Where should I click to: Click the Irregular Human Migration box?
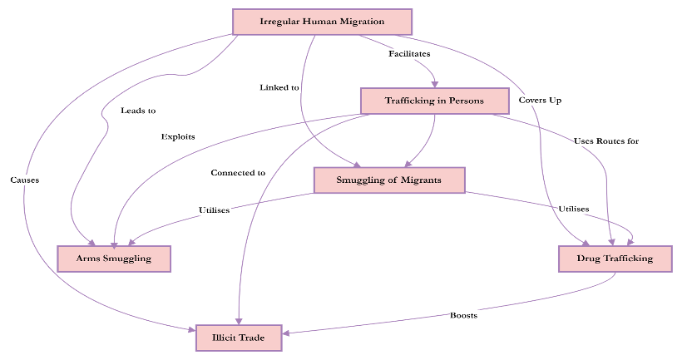pos(322,22)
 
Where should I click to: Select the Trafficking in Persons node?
pos(433,101)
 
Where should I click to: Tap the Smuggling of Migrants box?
pos(388,180)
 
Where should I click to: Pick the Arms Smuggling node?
pos(114,259)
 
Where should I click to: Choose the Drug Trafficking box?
pos(615,259)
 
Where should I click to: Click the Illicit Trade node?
pos(239,338)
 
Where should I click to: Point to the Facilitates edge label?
pos(409,54)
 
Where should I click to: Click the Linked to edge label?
pos(279,87)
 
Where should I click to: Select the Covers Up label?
pos(541,101)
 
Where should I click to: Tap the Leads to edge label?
pos(138,111)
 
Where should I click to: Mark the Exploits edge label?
pos(179,136)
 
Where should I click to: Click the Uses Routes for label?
pos(606,141)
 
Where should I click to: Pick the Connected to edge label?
pos(238,173)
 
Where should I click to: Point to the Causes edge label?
pos(25,180)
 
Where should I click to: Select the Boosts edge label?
pos(464,315)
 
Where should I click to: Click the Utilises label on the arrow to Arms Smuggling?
pos(215,210)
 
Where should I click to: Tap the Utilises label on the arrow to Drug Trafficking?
pos(574,209)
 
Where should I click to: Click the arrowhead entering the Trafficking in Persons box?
pos(435,83)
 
